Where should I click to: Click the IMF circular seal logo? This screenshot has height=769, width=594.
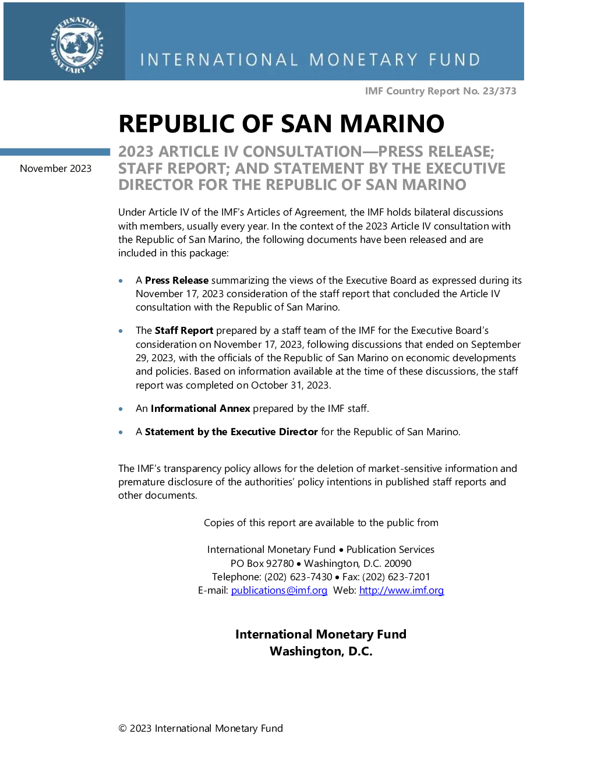77,45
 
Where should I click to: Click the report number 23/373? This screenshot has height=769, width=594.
499,91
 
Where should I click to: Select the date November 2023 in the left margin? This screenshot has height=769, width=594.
55,168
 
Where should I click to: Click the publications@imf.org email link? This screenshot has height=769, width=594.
279,590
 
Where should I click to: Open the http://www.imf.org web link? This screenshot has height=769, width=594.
402,590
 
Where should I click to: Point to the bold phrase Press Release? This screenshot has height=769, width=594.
176,280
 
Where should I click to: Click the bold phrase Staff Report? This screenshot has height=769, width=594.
184,330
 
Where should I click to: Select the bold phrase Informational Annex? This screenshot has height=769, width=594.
200,408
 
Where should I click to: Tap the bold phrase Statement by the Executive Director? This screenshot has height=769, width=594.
231,432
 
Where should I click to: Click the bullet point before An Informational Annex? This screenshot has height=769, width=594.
121,409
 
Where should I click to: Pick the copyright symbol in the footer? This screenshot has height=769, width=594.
122,728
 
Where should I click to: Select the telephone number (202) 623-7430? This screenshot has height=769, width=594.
298,577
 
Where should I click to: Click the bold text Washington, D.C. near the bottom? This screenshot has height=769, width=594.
321,651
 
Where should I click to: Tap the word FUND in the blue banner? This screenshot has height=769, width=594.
455,59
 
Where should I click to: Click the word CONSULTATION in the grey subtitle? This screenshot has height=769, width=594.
302,151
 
